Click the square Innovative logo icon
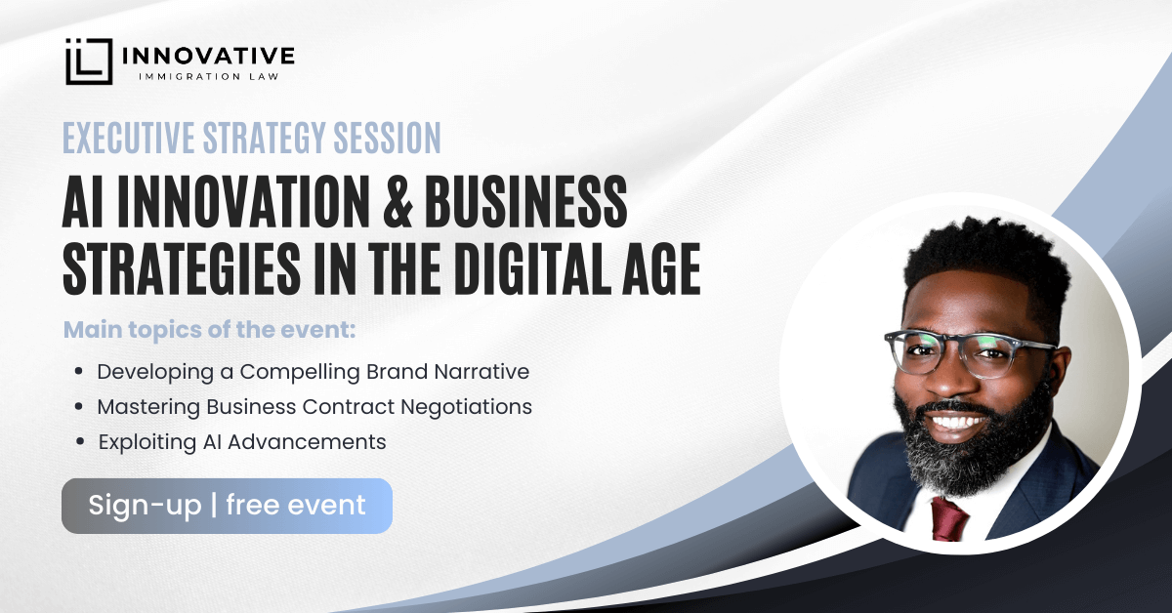point(89,61)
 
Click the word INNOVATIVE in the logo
point(209,56)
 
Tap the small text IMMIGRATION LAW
point(209,77)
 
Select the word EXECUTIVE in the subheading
point(129,138)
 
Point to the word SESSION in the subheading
point(387,138)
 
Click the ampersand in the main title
point(398,201)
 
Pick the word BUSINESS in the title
point(525,201)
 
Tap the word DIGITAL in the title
point(532,267)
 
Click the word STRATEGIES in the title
point(182,267)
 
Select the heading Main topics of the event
point(209,330)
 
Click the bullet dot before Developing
point(79,371)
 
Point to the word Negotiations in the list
point(466,407)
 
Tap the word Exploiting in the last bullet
point(147,442)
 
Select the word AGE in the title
point(661,267)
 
